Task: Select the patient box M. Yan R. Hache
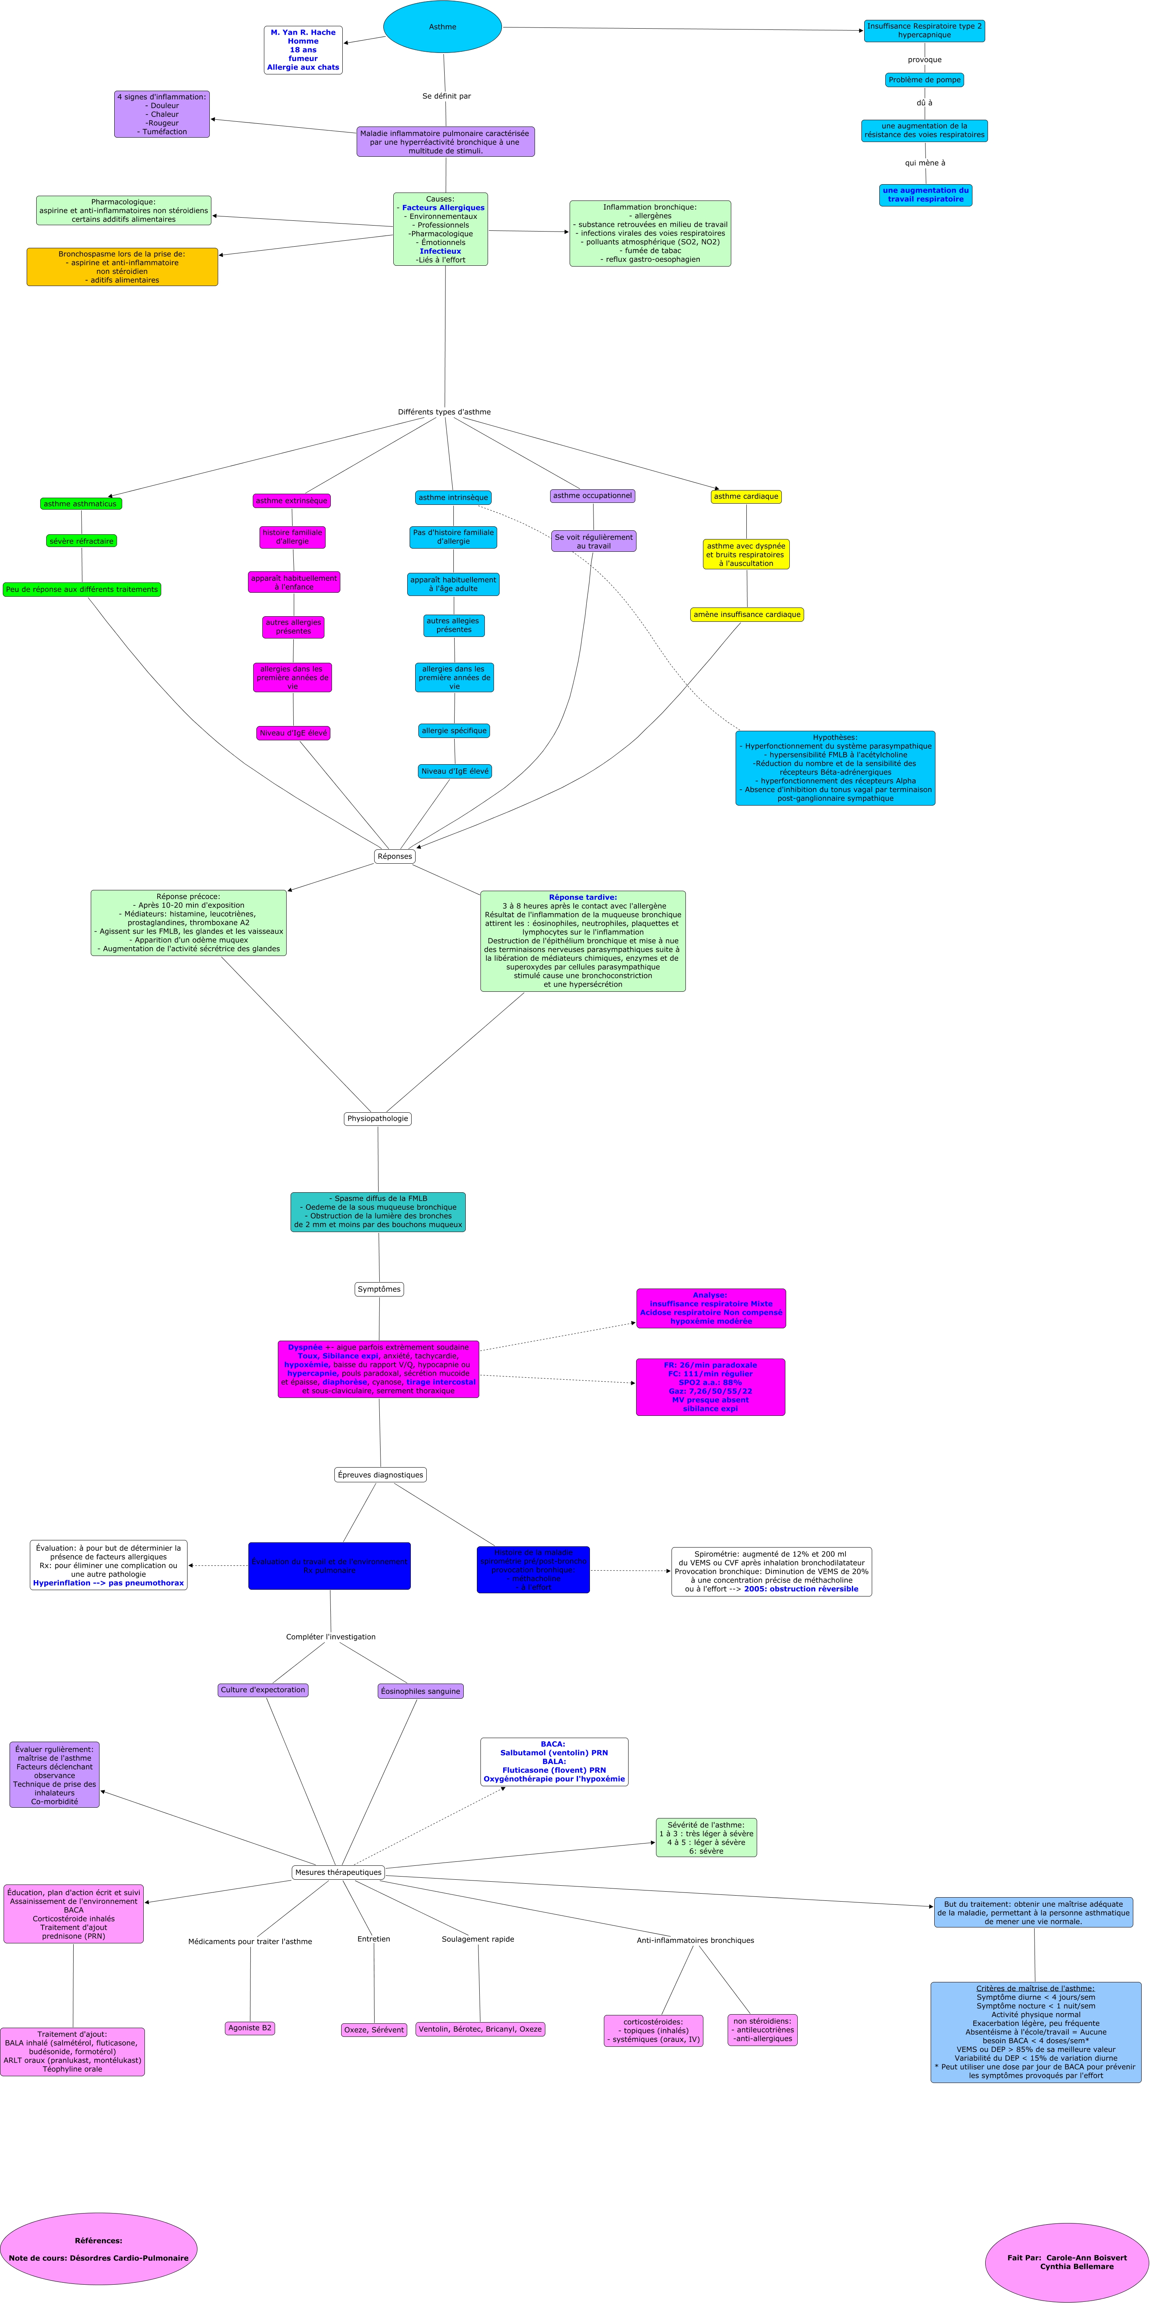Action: coord(303,50)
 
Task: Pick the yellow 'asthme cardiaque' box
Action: coord(746,496)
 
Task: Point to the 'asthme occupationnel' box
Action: coord(592,495)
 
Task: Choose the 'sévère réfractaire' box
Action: coord(81,541)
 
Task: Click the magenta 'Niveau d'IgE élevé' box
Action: coord(293,733)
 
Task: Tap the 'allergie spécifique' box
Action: coord(454,730)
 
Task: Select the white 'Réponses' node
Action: coord(394,857)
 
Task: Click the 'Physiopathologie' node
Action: coord(377,1118)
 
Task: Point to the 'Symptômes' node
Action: coord(379,1289)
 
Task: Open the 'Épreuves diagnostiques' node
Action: coord(380,1474)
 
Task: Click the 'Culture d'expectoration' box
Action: coord(263,1690)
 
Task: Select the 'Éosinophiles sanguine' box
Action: coord(420,1691)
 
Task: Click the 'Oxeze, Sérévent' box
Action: coord(374,2029)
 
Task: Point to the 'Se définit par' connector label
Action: coord(446,95)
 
